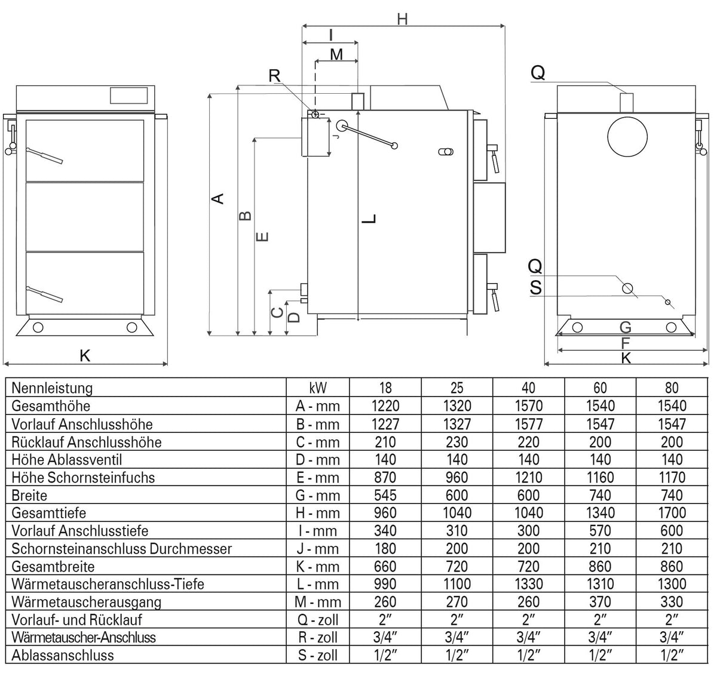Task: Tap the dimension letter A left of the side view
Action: [219, 198]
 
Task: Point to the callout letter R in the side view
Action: [275, 76]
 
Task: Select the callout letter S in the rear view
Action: [536, 288]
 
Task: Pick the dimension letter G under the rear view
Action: [626, 327]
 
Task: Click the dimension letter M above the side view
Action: [336, 55]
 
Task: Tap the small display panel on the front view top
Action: [128, 94]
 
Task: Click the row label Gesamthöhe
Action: [51, 406]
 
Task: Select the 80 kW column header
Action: [672, 388]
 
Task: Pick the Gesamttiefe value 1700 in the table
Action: [672, 513]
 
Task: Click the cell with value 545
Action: [385, 495]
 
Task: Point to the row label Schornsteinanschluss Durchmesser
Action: [121, 548]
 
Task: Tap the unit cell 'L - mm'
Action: [318, 584]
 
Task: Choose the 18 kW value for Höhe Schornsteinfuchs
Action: [385, 477]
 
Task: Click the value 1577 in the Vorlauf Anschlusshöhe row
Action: [528, 424]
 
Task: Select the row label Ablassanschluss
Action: [63, 655]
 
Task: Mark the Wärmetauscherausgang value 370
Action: [600, 602]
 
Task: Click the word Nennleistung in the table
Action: [52, 388]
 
